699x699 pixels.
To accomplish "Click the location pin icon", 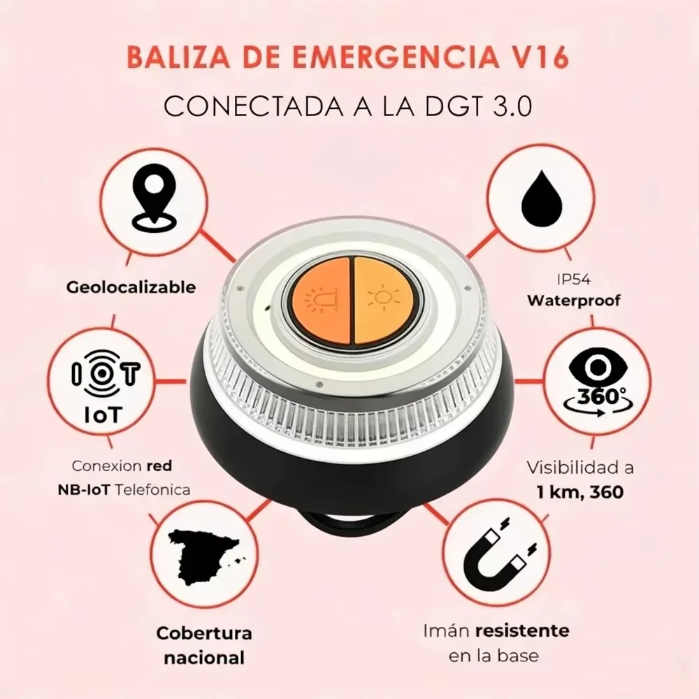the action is (x=154, y=198).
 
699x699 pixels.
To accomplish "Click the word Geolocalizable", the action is (x=131, y=287).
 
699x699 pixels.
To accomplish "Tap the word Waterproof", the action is (x=574, y=301).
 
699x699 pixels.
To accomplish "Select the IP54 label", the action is (x=574, y=280).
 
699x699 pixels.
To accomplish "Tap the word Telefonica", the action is (x=153, y=490).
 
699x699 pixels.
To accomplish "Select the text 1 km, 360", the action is (x=579, y=492).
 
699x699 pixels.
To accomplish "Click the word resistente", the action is (x=522, y=630).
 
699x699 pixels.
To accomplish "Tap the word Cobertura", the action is (x=204, y=633).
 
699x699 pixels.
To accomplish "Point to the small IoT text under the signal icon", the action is (x=103, y=415).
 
